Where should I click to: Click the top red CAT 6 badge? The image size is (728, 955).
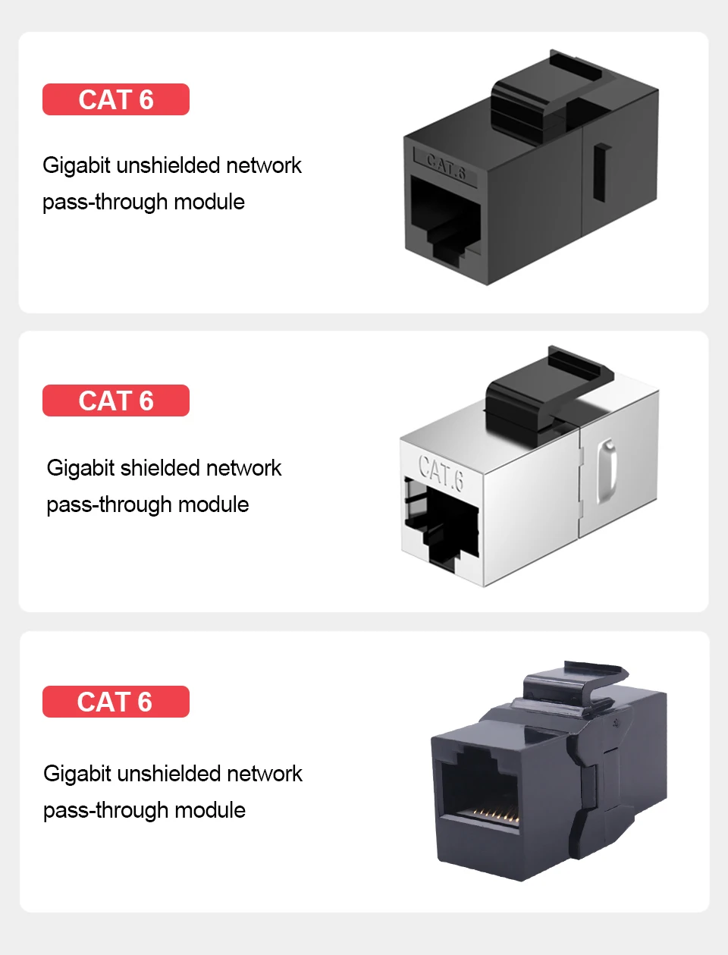click(115, 99)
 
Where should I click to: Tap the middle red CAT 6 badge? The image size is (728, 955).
click(115, 401)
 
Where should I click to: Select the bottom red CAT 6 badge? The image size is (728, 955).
click(115, 702)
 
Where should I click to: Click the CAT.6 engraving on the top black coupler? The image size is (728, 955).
click(445, 165)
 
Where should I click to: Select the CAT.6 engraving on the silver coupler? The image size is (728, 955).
click(441, 472)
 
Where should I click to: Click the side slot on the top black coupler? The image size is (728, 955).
click(602, 172)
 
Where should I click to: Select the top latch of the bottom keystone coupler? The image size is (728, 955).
click(576, 686)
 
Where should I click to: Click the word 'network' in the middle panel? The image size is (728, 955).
click(243, 468)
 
